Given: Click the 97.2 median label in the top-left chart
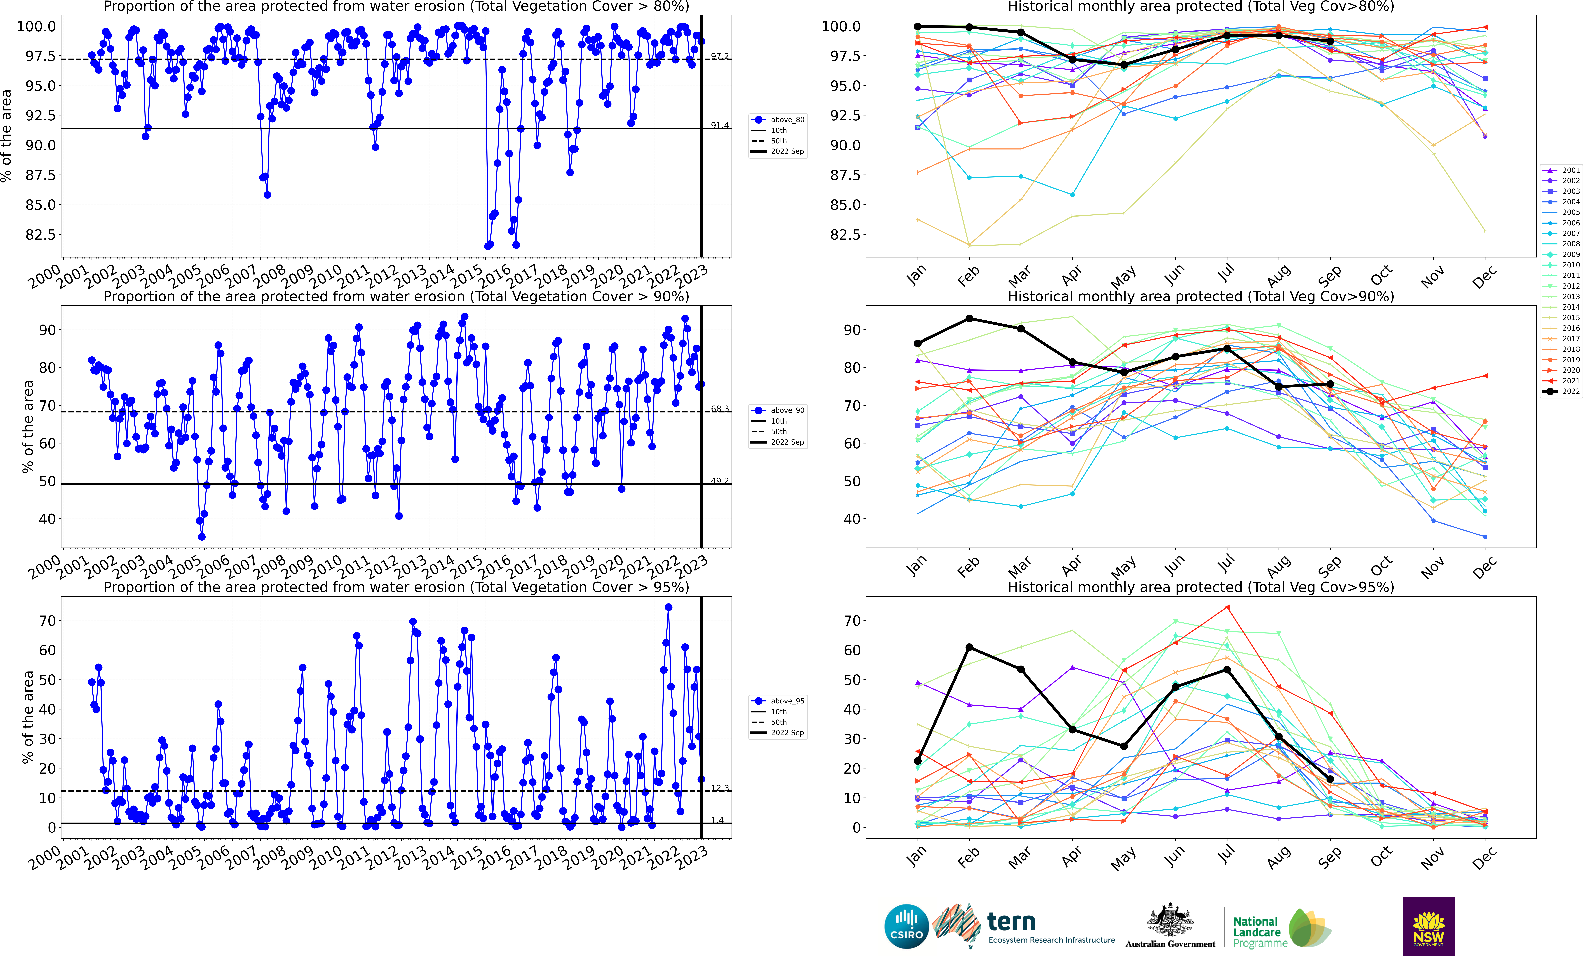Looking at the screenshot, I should [720, 57].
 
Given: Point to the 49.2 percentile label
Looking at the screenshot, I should [720, 481].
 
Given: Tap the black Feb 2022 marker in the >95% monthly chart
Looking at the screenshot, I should [969, 647].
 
